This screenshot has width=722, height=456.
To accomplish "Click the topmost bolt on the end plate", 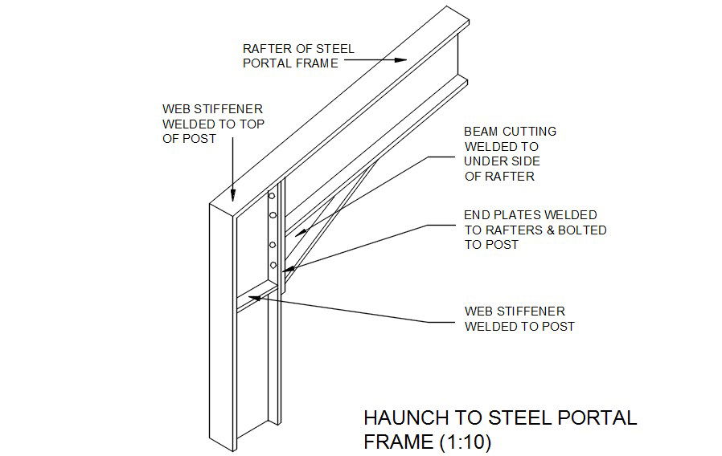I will pos(272,196).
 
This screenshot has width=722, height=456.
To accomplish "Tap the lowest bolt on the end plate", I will pos(273,265).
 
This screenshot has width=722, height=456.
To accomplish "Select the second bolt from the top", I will pos(273,214).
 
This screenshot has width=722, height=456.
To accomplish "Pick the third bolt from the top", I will pos(273,245).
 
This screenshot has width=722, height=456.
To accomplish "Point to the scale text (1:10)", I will pos(462,442).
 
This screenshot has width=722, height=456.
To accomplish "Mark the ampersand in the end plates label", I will pos(543,230).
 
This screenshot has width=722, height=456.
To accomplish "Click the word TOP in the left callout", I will pos(248,124).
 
